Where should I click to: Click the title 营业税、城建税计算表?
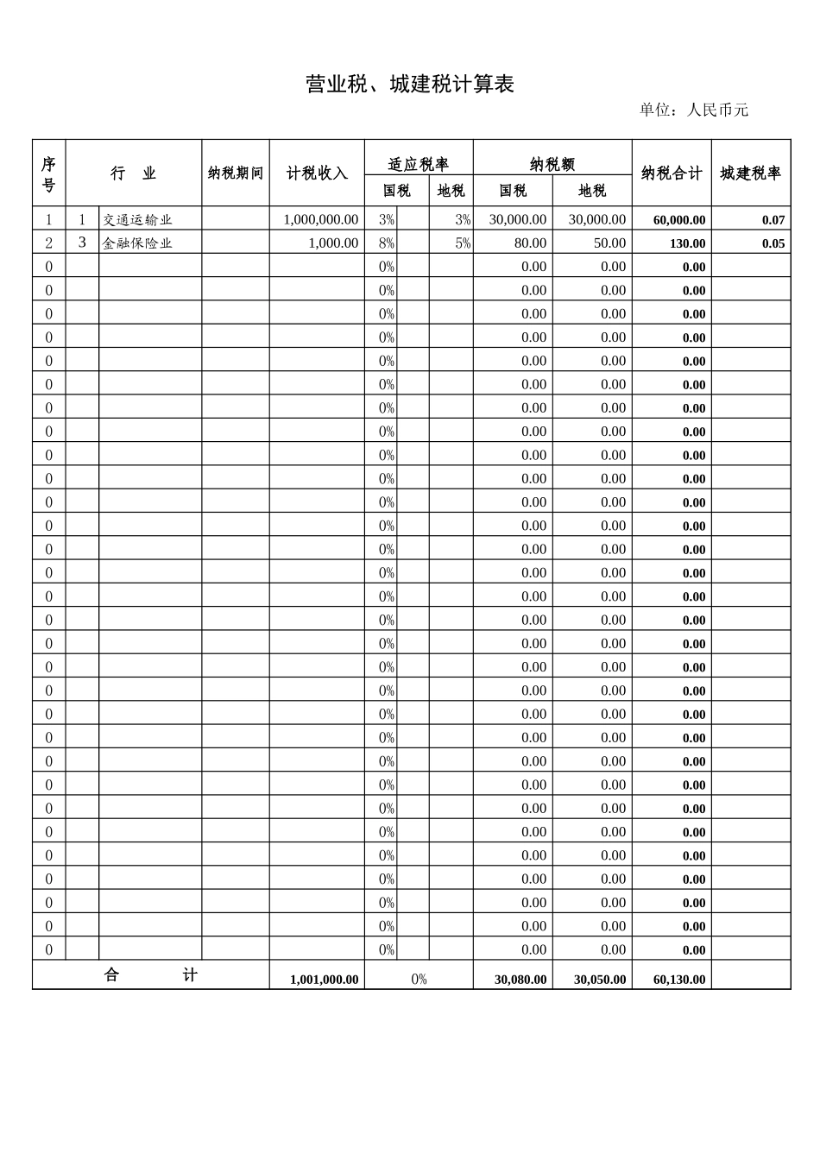[x=410, y=85]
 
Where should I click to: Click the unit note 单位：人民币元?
[x=693, y=110]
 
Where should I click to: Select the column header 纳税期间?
[x=236, y=173]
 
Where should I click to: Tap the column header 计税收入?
[x=317, y=173]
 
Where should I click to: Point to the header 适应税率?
[x=419, y=164]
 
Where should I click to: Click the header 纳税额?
[x=552, y=164]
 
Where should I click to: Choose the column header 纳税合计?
[x=672, y=173]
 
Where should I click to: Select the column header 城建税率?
[x=751, y=173]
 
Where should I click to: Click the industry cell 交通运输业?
[x=138, y=220]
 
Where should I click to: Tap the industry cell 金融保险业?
[x=138, y=243]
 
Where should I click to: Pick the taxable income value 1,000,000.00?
[x=320, y=220]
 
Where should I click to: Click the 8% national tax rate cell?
[x=386, y=243]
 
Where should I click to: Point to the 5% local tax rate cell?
[x=463, y=243]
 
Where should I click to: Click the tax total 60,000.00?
[x=678, y=220]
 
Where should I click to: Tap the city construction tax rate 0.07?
[x=773, y=220]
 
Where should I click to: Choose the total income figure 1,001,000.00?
[x=324, y=980]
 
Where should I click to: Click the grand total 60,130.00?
[x=678, y=980]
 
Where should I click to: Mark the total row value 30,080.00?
[x=520, y=980]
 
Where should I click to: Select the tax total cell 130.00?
[x=687, y=243]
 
